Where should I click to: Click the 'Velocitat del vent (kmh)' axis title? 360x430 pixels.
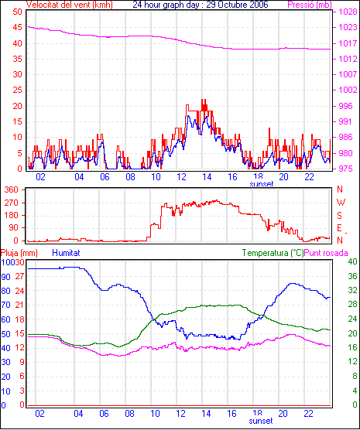pyautogui.click(x=69, y=5)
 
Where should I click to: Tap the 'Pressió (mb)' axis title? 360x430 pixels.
pyautogui.click(x=310, y=5)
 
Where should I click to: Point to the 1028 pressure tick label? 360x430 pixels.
pyautogui.click(x=348, y=12)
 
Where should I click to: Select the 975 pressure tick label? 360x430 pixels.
pyautogui.click(x=348, y=169)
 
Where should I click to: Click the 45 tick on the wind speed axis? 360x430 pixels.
pyautogui.click(x=17, y=27)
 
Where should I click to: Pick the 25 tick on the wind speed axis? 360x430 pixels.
pyautogui.click(x=17, y=90)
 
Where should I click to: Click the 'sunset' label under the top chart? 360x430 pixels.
pyautogui.click(x=261, y=184)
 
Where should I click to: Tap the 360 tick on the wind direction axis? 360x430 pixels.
pyautogui.click(x=12, y=189)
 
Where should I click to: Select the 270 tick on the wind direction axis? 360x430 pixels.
pyautogui.click(x=12, y=203)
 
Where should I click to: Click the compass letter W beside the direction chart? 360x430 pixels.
pyautogui.click(x=341, y=203)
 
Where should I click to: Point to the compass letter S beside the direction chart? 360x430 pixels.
pyautogui.click(x=340, y=216)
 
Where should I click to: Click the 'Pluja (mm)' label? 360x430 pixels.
pyautogui.click(x=19, y=253)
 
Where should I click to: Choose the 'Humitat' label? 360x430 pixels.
pyautogui.click(x=66, y=253)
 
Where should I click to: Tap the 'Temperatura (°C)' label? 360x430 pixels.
pyautogui.click(x=273, y=253)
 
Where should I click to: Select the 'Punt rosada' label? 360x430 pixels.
pyautogui.click(x=326, y=253)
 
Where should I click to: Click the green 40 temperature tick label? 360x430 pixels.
pyautogui.click(x=352, y=261)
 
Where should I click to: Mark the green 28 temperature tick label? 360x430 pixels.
pyautogui.click(x=352, y=305)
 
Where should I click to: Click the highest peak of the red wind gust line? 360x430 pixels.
pyautogui.click(x=204, y=100)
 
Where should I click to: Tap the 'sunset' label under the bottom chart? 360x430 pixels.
pyautogui.click(x=261, y=421)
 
